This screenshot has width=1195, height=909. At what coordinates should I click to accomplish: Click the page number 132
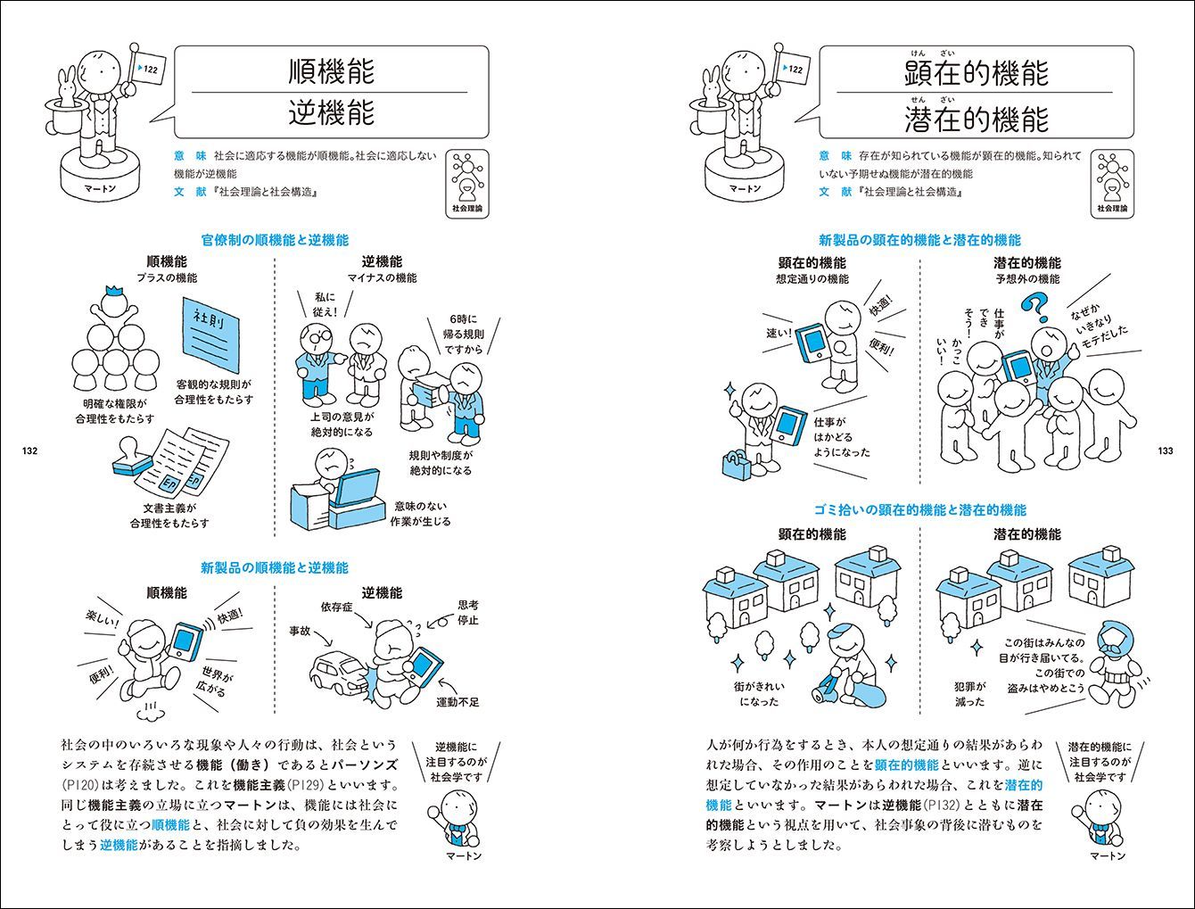pos(28,450)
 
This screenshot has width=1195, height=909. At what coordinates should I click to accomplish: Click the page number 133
pos(1165,450)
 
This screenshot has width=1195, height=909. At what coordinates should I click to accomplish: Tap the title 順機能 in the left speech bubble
pos(331,71)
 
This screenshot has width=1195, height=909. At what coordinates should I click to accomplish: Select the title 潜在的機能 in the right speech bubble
pos(976,117)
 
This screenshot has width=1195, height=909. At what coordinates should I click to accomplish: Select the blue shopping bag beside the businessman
pos(739,466)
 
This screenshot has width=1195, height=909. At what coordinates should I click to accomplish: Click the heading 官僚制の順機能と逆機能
pos(275,240)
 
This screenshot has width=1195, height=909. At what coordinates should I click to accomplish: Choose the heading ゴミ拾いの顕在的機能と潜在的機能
pos(919,510)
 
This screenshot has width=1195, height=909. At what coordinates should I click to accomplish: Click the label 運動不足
pos(457,702)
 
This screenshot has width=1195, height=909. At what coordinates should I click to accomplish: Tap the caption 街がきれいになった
pos(758,694)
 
